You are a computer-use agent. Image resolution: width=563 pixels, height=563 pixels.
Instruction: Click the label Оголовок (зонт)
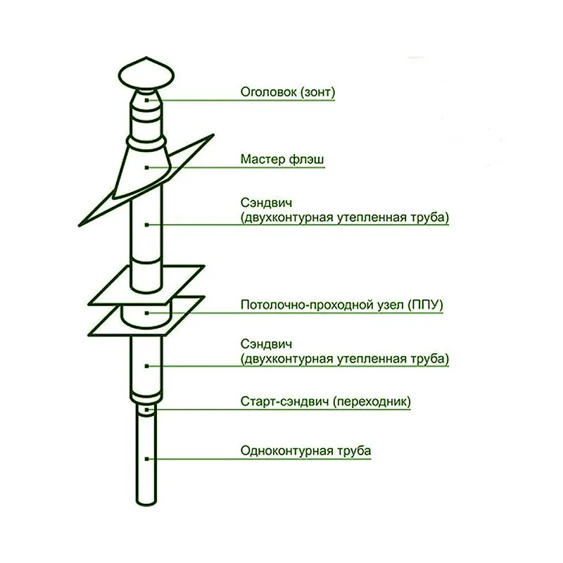287,91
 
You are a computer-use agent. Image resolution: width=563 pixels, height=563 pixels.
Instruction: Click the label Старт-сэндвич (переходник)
325,403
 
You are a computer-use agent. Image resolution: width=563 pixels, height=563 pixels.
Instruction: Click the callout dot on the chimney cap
146,100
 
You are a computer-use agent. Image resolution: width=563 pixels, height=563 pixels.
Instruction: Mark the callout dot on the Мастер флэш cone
146,167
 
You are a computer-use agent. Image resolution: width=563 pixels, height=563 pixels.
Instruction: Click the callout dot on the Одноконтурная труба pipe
146,459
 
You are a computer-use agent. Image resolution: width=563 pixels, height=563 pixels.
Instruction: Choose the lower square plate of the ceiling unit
106,324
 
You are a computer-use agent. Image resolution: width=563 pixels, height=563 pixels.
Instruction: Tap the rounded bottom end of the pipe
146,501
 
